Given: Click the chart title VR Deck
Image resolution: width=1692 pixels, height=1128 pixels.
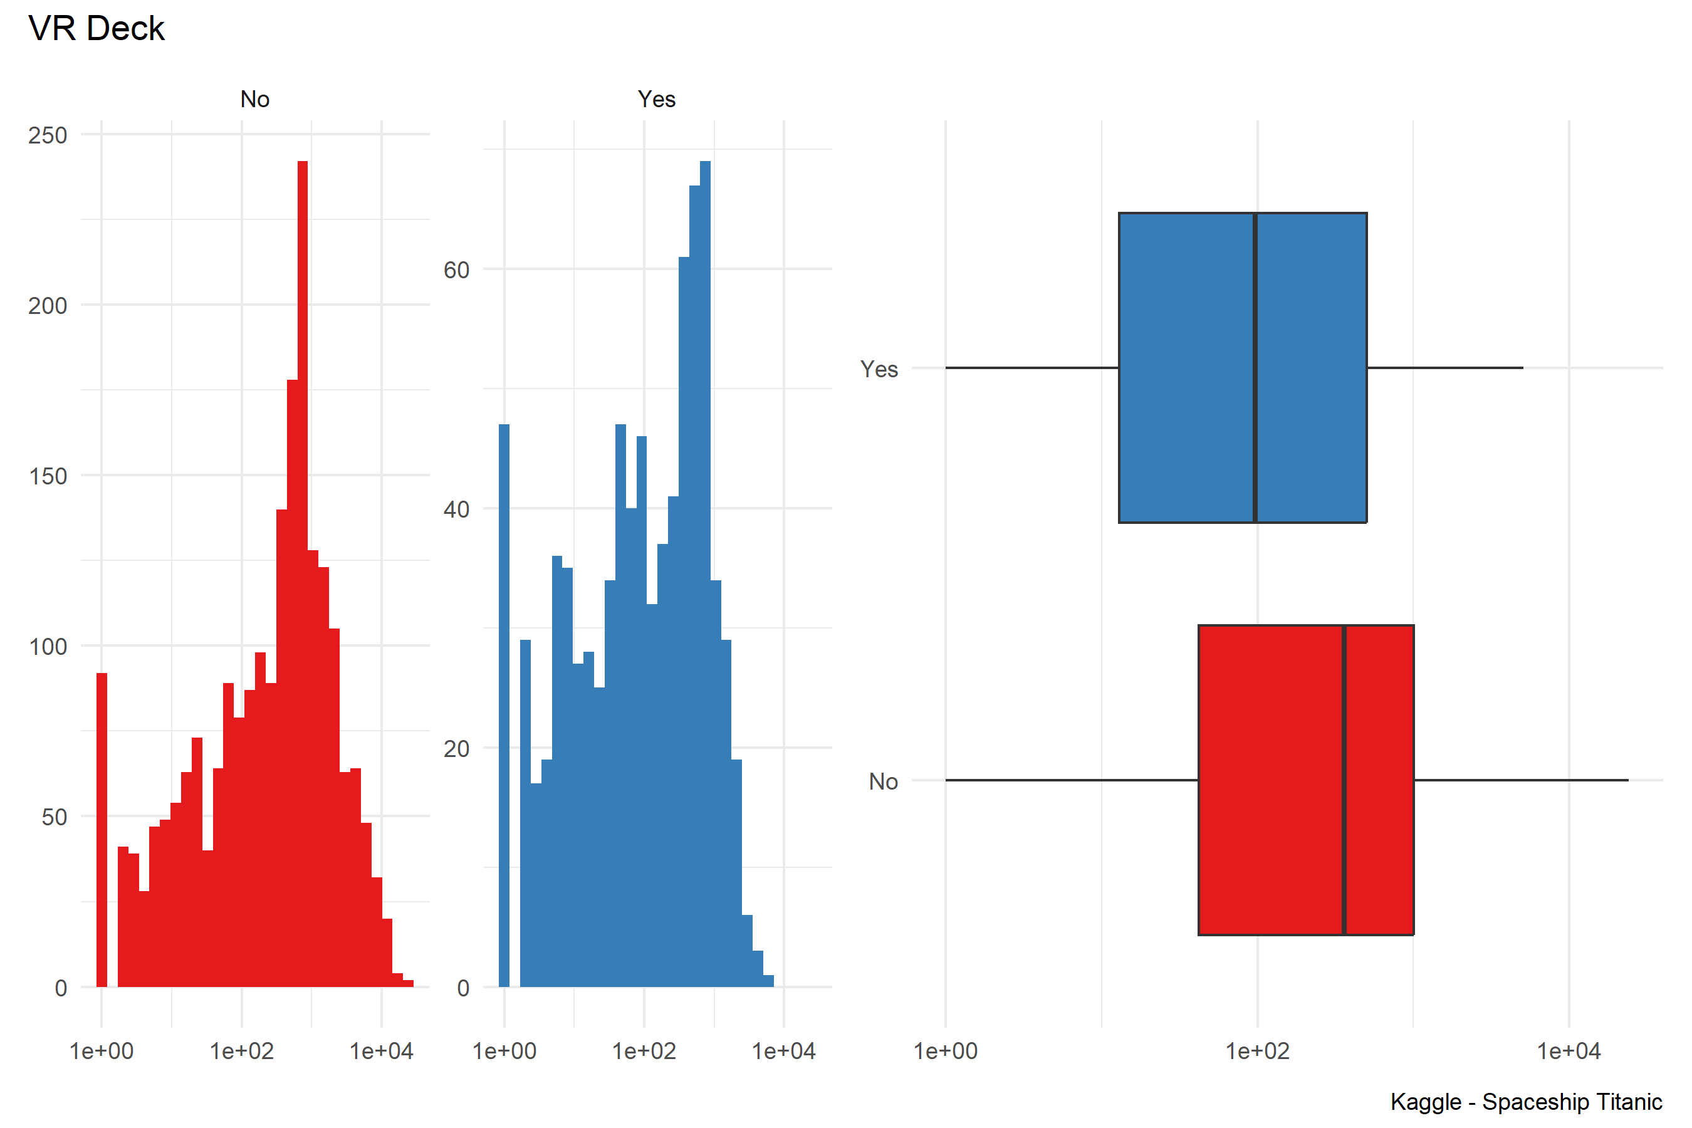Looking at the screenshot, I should click(97, 29).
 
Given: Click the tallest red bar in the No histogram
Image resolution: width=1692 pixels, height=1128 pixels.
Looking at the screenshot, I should click(303, 575).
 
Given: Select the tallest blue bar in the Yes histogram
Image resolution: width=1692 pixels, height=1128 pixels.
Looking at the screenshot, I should click(705, 575).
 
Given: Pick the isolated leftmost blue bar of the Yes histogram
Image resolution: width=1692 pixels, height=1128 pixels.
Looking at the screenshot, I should click(504, 705).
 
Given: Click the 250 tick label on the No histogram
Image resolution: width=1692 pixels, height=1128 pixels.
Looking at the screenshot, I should click(48, 135).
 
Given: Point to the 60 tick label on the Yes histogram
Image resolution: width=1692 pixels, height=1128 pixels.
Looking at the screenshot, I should click(456, 271).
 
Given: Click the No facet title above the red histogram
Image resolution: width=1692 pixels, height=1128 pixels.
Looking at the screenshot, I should click(254, 98).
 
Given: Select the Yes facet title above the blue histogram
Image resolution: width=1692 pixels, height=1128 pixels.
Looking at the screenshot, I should click(656, 98).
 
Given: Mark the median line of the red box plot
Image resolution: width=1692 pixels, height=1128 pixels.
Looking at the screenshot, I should click(1344, 780).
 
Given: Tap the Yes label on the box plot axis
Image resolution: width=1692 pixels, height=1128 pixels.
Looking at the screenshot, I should click(879, 369).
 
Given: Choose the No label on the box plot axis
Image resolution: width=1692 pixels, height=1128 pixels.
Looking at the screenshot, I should click(884, 781).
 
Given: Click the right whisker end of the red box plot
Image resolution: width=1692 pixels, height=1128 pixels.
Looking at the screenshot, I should click(1627, 780).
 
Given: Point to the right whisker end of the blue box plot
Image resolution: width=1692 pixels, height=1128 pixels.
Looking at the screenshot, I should click(1522, 368).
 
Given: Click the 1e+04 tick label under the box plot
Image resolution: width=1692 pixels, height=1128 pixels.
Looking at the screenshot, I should click(1569, 1051).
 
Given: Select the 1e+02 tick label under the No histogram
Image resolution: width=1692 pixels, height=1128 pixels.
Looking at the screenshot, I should click(242, 1051).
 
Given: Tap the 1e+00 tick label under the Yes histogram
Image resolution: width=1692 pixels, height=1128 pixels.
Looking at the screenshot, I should click(504, 1051).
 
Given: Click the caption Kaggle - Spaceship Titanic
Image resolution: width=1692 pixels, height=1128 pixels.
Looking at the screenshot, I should click(1526, 1102).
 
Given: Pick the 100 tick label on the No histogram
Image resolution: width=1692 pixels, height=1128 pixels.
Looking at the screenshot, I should click(48, 647).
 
